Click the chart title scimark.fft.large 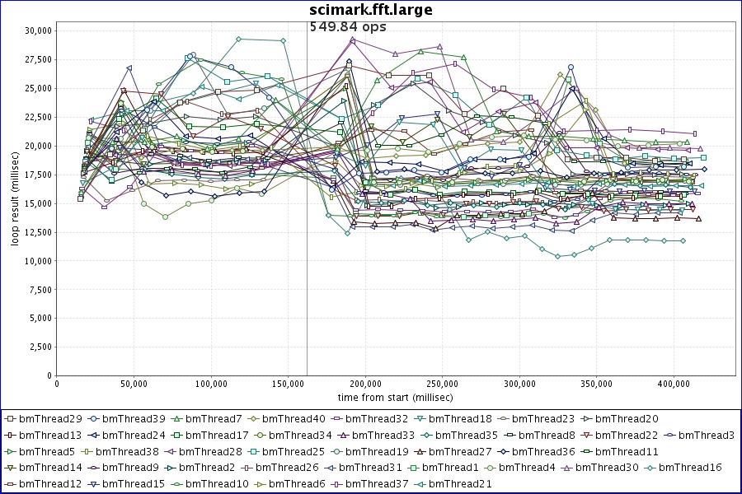[370, 10]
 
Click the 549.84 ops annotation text [347, 26]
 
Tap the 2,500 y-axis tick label [40, 347]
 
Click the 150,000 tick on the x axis [288, 383]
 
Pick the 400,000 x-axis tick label [674, 383]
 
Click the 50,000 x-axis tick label [134, 383]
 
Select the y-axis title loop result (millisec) [15, 203]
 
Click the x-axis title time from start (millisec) [396, 397]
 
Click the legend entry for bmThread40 [286, 419]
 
